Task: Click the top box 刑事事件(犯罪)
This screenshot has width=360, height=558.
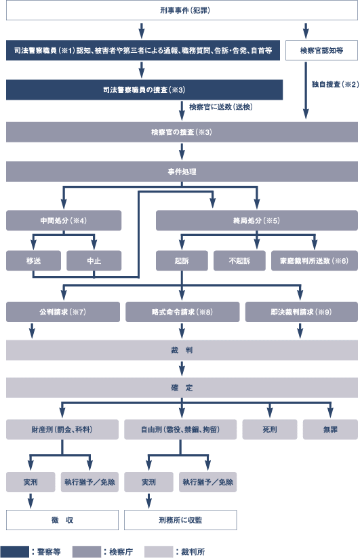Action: [x=182, y=10]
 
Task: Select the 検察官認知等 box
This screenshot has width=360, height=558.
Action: [x=321, y=51]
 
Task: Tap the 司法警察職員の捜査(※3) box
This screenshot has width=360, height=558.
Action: [x=144, y=89]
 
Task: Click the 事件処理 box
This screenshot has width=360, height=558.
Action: [x=182, y=172]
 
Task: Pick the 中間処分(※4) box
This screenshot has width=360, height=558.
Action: [x=64, y=220]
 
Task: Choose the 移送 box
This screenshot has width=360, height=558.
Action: [x=33, y=261]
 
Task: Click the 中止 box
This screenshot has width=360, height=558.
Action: [x=94, y=261]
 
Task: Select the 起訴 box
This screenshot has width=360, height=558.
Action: [x=182, y=261]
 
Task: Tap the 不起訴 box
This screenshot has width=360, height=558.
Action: [x=239, y=261]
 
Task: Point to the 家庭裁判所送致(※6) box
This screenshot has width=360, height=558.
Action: [x=315, y=261]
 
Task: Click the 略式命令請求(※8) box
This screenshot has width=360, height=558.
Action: [x=182, y=312]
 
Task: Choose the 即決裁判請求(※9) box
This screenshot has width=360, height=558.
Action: [x=302, y=312]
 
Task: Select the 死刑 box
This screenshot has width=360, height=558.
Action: [x=270, y=430]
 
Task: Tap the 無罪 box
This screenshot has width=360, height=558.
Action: [x=330, y=430]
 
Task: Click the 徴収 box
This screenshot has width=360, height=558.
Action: [x=62, y=520]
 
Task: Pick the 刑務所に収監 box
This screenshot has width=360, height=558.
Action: [x=180, y=520]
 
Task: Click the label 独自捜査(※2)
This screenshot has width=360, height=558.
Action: [x=335, y=84]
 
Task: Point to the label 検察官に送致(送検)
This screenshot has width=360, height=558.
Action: [x=221, y=106]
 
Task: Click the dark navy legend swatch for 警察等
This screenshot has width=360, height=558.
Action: [x=14, y=552]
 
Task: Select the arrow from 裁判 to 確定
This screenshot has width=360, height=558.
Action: [x=182, y=369]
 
